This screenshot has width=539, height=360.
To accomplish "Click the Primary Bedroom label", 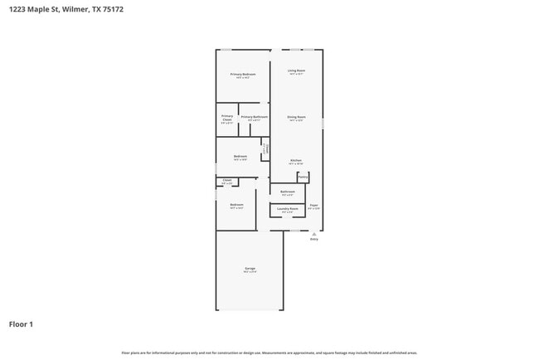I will coord(243,75).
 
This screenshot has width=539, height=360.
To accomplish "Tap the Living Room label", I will coord(297,71).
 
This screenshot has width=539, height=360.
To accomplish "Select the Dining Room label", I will coord(297,117).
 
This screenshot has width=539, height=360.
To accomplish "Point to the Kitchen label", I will coord(296,160).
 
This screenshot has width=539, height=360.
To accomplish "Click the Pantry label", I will coord(303,177).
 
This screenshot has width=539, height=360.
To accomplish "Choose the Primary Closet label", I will coord(227,118).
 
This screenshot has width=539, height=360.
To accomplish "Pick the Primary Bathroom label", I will coord(255,117).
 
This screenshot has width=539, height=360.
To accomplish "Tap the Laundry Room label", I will coord(288,209).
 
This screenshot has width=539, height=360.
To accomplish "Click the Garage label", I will coord(250,269).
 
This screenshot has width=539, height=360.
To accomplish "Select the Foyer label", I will coord(314,205).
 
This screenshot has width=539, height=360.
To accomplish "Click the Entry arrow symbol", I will coord(313,233).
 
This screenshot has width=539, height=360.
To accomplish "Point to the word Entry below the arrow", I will coord(313,239).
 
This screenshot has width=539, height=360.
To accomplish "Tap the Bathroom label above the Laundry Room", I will coord(288,192).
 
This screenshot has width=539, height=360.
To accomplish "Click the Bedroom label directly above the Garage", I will coord(236,204).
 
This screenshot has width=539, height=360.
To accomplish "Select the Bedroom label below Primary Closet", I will coord(240,156).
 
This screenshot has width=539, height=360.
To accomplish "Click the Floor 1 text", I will coord(21,324).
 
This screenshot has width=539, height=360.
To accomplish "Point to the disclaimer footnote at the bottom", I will coord(269,353).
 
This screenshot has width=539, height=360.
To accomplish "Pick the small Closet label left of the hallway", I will coord(227,180).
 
